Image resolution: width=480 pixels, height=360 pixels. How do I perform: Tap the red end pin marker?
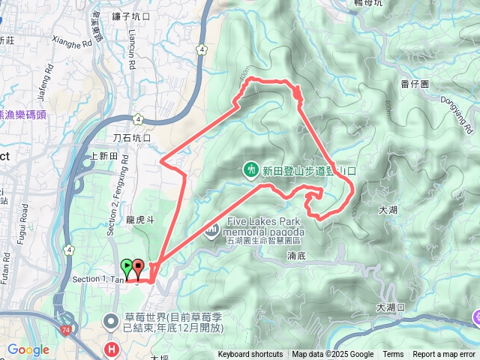[x=139, y=266]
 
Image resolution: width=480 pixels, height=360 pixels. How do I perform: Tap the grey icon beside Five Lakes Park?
[x=212, y=227]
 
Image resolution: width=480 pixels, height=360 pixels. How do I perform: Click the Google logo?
[x=28, y=350]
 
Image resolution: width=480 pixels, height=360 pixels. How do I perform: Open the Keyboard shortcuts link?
[x=250, y=355]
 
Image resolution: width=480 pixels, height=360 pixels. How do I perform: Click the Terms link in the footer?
[x=393, y=355]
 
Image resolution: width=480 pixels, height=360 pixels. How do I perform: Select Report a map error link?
[x=445, y=355]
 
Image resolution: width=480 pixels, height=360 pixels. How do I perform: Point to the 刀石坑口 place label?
[x=131, y=139]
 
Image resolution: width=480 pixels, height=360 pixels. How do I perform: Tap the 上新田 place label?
[x=103, y=156]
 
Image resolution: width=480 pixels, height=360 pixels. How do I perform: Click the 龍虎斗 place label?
[x=140, y=220]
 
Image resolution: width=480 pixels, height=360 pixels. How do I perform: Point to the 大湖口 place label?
[x=390, y=307]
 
